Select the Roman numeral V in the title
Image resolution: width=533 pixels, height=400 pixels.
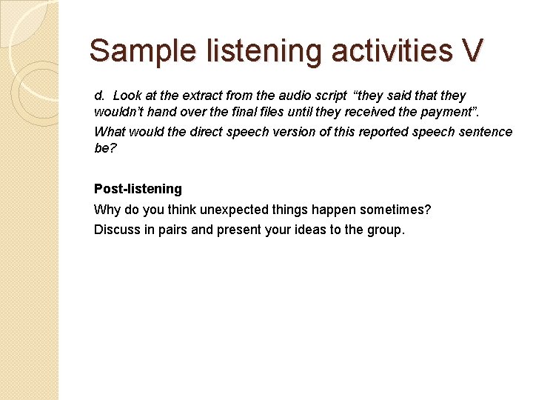[x=472, y=50]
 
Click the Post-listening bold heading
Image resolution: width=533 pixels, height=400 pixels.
[x=138, y=189]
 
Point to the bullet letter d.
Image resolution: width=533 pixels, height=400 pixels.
[x=98, y=96]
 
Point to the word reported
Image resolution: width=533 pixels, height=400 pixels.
[x=389, y=132]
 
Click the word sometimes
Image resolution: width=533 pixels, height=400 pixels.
[x=395, y=210]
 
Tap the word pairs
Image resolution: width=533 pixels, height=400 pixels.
[x=172, y=230]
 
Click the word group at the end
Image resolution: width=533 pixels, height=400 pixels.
[x=385, y=230]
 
